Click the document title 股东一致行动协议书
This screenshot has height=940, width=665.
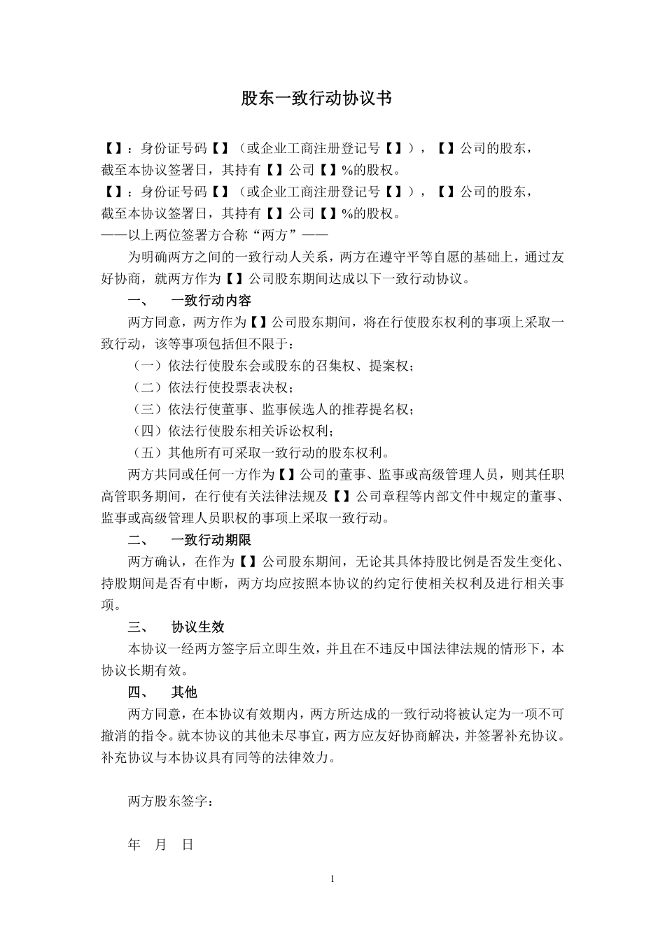tap(316, 99)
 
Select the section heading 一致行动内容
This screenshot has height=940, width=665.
tap(211, 301)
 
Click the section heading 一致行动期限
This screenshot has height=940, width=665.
tap(211, 540)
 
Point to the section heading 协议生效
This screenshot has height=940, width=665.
tap(197, 627)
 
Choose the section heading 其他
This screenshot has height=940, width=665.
tap(184, 692)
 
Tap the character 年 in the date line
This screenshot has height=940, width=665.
tap(134, 845)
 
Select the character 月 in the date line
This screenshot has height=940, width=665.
tap(161, 845)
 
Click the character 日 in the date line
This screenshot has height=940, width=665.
tap(188, 845)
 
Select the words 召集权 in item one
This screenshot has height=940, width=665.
tap(335, 366)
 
